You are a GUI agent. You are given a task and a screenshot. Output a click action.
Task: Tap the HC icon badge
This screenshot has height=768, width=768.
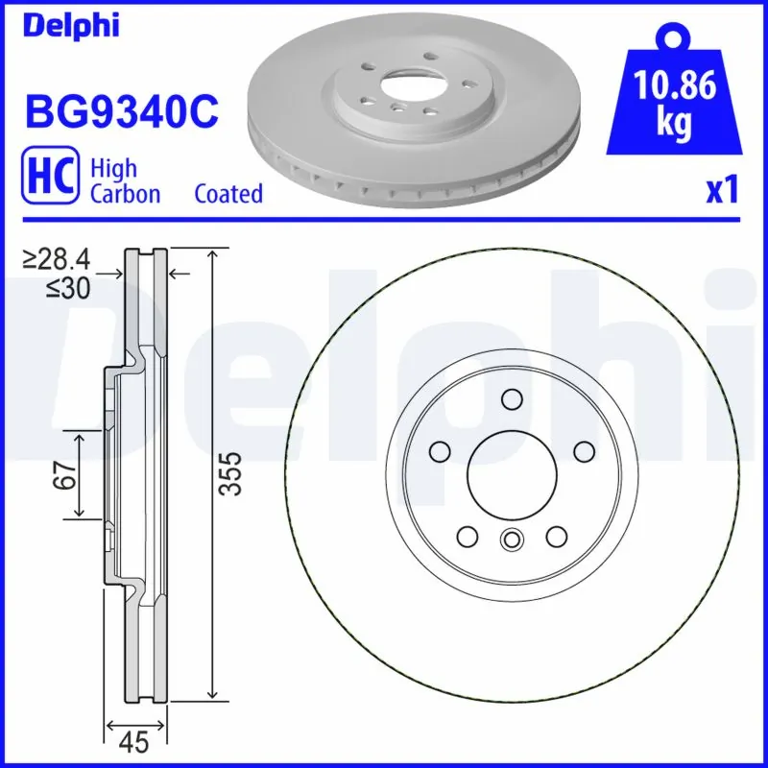click(50, 180)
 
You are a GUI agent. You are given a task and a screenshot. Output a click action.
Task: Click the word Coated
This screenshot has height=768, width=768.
click(228, 194)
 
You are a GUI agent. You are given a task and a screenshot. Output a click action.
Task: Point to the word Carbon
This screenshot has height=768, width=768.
click(125, 194)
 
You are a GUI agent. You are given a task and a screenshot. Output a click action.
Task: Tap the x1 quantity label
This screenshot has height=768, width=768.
click(723, 191)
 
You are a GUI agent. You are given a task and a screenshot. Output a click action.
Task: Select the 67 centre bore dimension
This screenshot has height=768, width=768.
click(64, 475)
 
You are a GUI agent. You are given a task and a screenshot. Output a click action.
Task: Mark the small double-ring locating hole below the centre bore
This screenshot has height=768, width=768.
click(511, 540)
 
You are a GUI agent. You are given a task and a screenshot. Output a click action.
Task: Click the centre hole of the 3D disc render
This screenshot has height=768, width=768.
click(408, 91)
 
